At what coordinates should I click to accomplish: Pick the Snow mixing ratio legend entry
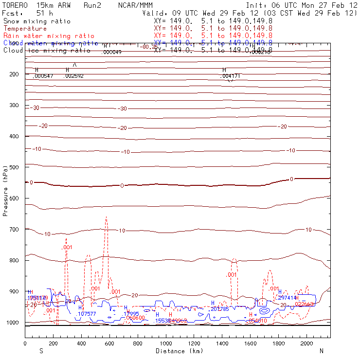36,21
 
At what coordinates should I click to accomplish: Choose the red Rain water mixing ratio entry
49,36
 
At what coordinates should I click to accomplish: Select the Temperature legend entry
25,29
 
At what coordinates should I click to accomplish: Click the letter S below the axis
41,351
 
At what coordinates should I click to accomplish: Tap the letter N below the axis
321,351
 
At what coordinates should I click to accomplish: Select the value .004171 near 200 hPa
230,76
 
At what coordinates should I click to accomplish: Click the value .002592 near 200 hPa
73,76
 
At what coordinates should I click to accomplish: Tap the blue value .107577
87,314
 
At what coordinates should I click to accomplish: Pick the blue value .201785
219,309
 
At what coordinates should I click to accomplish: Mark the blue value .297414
287,298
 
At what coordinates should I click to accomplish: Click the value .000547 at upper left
43,76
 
